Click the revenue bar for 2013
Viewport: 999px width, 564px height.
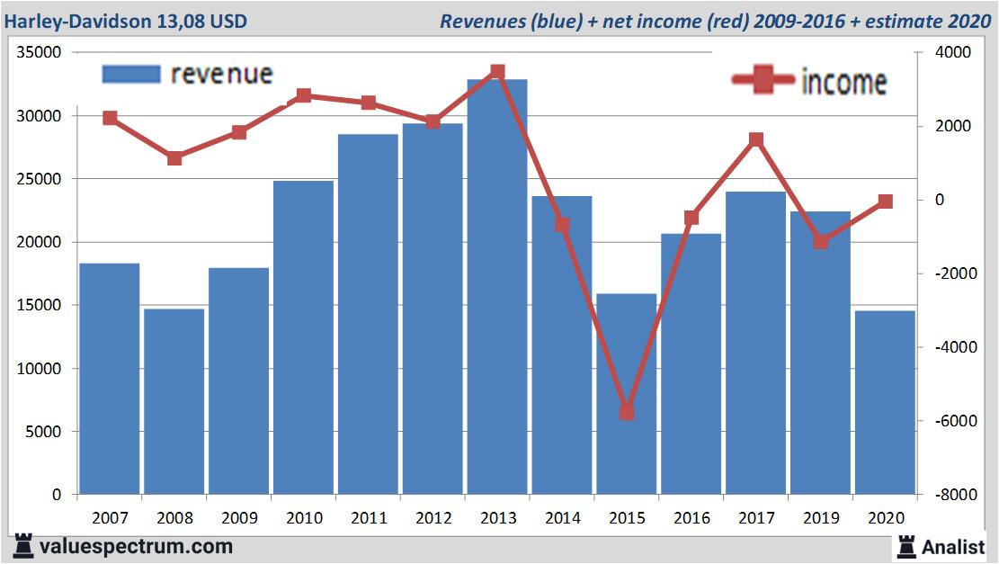point(497,287)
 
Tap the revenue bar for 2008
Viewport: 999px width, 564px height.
point(174,401)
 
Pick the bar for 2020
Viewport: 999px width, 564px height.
point(885,402)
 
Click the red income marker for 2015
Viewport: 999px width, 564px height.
point(627,412)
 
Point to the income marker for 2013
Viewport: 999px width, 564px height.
point(497,72)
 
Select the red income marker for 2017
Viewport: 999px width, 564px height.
point(756,139)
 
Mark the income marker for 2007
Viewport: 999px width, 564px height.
point(110,118)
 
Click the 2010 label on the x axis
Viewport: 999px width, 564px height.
point(304,518)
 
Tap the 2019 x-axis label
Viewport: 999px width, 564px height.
point(821,518)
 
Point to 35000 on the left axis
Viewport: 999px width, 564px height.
point(39,53)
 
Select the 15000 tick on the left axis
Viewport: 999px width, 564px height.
point(39,306)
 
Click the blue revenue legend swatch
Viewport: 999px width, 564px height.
point(130,74)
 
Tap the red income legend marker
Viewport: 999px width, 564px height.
point(763,81)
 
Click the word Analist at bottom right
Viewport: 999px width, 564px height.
point(955,546)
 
